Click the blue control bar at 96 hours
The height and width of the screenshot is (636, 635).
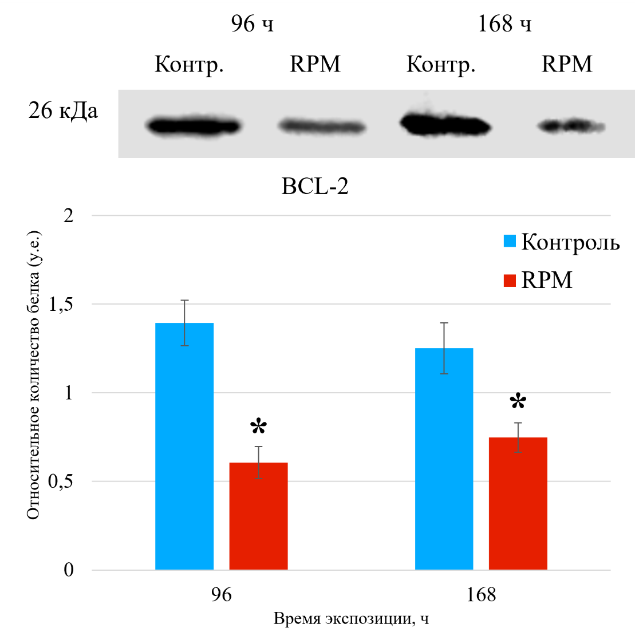tap(184, 447)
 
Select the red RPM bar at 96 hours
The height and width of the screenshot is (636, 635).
tap(258, 516)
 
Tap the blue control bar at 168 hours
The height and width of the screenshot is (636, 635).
tap(444, 459)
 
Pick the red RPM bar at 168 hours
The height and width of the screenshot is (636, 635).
tap(518, 503)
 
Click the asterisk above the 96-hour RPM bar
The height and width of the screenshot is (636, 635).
tap(259, 426)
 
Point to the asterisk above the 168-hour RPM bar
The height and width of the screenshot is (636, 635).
tap(518, 401)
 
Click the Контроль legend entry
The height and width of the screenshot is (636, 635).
tap(561, 242)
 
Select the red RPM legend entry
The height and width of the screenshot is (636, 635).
tap(538, 280)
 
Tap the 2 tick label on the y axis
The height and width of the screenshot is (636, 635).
tap(69, 216)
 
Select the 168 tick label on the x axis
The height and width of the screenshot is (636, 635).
tap(481, 595)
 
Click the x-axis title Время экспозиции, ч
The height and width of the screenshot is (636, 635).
tap(351, 619)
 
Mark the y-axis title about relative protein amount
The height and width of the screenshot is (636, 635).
tap(33, 375)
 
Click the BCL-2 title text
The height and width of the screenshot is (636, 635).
tap(315, 187)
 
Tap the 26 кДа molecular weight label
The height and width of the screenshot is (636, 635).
tap(63, 110)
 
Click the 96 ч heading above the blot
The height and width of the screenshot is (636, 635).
tap(252, 24)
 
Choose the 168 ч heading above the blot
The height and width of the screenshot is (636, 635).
tap(504, 24)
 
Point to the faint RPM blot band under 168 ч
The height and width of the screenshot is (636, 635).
tap(571, 125)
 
